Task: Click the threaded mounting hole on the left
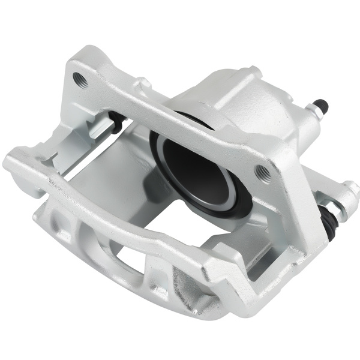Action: pos(80,78)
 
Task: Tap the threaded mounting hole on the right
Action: pos(262,172)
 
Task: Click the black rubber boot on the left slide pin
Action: pos(117,123)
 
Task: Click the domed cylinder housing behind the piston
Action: pos(252,102)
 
